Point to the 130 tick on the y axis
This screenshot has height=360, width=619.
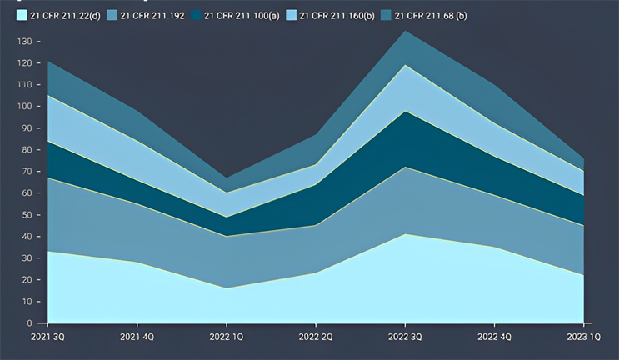click(x=26, y=41)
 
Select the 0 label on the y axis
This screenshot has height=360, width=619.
click(x=31, y=322)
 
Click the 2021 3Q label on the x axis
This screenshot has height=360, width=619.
click(x=48, y=337)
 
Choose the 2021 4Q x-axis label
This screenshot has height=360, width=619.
click(x=137, y=337)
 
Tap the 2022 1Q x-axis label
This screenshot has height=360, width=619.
click(x=226, y=337)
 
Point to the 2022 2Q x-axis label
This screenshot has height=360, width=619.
click(x=315, y=337)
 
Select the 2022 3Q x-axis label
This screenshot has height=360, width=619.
click(x=404, y=337)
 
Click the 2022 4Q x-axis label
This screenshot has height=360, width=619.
click(x=493, y=337)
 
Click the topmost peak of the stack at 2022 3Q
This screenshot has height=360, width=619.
click(x=405, y=31)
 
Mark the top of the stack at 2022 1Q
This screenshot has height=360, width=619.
click(x=226, y=177)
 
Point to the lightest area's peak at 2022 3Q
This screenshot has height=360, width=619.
click(x=405, y=234)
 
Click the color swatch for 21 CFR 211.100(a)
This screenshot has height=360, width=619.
click(x=197, y=16)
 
